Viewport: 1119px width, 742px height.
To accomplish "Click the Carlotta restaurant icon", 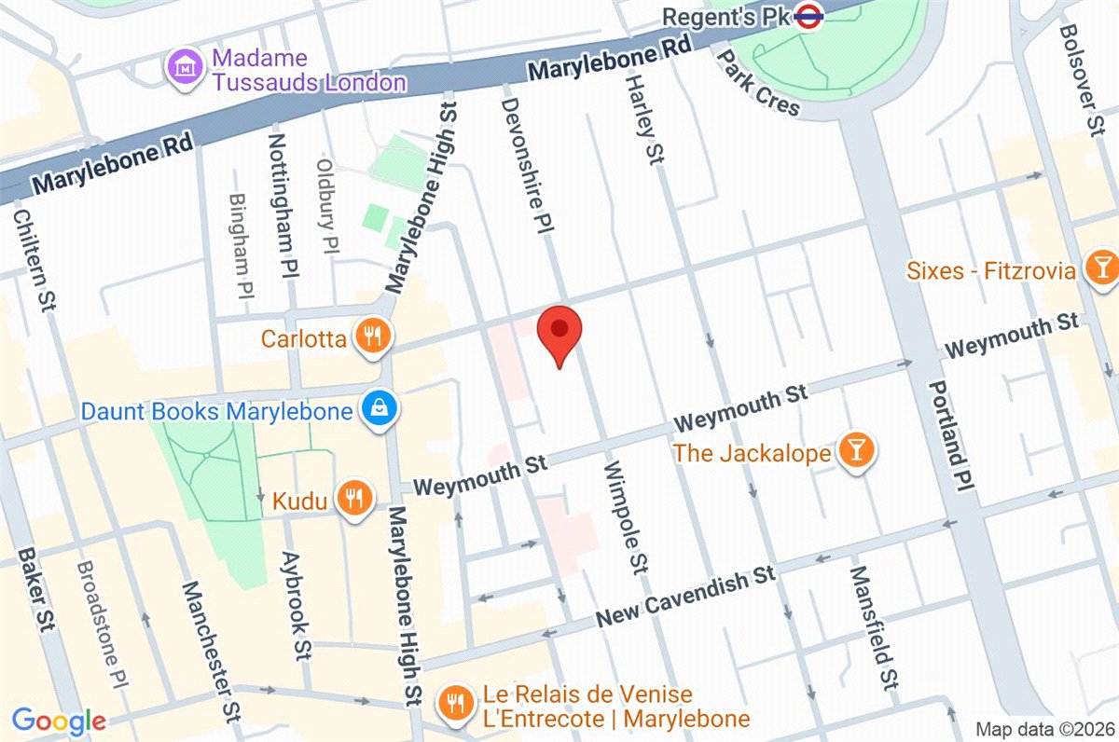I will tap(374, 337).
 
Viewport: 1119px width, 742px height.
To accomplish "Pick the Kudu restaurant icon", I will tap(352, 498).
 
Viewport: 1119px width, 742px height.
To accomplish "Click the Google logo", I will tap(59, 720).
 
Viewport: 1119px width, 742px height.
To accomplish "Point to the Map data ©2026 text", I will tap(1043, 728).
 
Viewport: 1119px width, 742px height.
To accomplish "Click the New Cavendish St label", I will tap(685, 597).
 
